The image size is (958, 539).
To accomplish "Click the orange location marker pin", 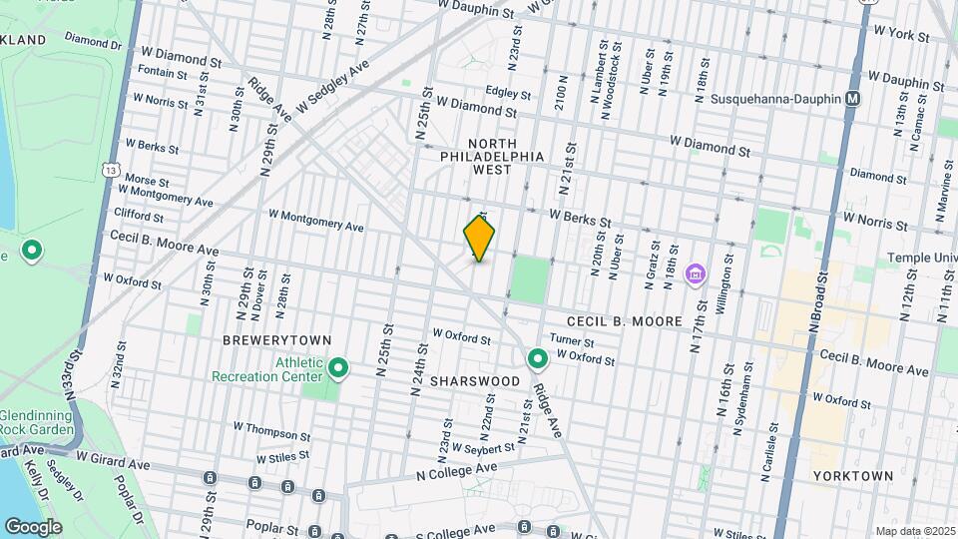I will tap(479, 239).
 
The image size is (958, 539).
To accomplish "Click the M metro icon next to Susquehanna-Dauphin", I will tap(852, 99).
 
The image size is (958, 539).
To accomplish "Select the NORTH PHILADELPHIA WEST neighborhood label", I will tap(493, 157).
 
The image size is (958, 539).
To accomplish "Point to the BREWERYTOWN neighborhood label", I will tap(262, 340).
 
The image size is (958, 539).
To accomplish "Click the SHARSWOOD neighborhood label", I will tap(475, 381).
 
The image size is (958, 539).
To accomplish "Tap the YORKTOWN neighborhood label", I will tap(852, 476).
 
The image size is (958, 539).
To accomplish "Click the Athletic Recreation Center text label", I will tap(267, 369).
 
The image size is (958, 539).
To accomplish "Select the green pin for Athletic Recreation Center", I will tap(338, 369).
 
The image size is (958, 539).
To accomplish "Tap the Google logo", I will tap(33, 526).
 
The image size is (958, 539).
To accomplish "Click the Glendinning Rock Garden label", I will tap(37, 422).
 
